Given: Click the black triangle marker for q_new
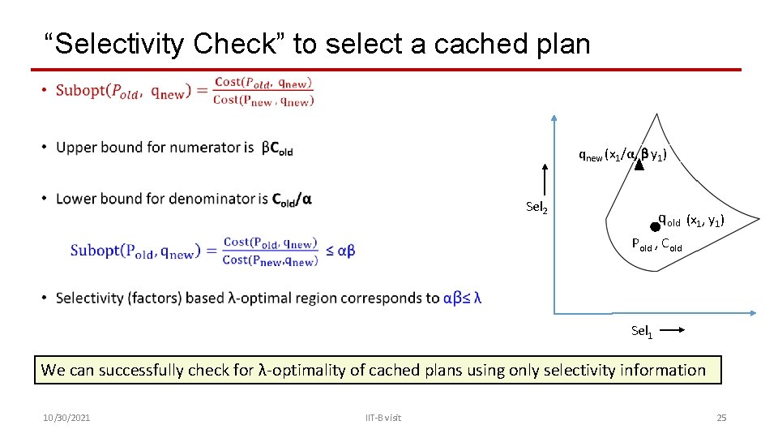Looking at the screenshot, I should pos(639,163).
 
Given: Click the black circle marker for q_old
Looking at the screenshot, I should pos(655,228).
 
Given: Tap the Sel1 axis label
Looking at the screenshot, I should pos(641,331).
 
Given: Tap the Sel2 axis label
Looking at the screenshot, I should pos(536,208).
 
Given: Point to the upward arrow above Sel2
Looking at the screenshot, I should pos(546,180).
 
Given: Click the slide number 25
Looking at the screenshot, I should pos(721,418).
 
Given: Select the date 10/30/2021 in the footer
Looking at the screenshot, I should pos(66,418).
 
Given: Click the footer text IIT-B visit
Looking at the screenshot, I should pos(383,418).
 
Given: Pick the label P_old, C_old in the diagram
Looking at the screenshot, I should pos(657,244).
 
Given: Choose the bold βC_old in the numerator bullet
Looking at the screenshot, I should pos(277,148).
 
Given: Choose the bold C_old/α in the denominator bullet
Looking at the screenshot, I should pos(292,199).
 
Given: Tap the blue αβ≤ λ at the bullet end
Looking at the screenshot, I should pos(463,298).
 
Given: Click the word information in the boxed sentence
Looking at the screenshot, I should pos(663,371).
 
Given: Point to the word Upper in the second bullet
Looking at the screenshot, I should pos(75,148).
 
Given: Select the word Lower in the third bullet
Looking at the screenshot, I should pos(75,199).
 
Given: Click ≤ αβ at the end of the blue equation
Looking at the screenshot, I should pos(340,251).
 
